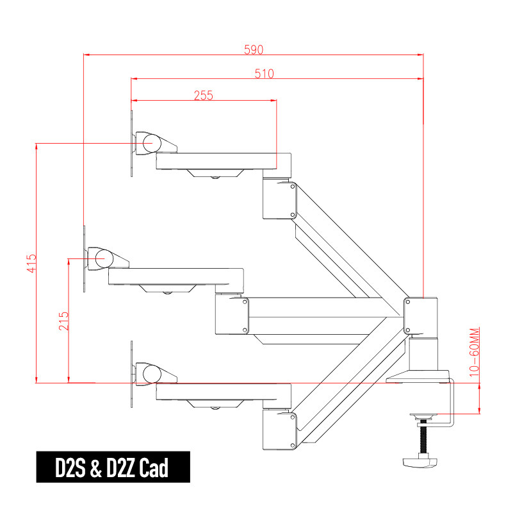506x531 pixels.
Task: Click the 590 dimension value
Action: click(254, 49)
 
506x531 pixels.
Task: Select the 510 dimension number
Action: click(264, 74)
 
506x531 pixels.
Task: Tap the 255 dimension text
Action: click(203, 96)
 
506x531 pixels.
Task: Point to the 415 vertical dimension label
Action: click(31, 264)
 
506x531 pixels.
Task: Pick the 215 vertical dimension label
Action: click(63, 321)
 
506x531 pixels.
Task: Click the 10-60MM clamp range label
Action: click(475, 352)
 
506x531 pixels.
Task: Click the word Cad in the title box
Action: click(153, 468)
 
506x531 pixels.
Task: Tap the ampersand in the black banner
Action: click(96, 468)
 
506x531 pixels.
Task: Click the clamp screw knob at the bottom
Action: click(420, 462)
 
